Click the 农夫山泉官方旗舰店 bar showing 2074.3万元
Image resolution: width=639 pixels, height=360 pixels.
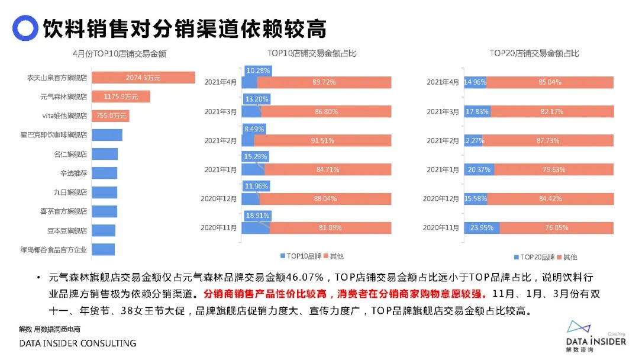coord(144,78)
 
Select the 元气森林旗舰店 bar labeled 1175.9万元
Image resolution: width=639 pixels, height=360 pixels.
coord(121,97)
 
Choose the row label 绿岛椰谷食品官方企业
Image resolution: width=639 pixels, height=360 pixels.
coord(54,249)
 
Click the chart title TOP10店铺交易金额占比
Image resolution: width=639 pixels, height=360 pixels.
coord(311,53)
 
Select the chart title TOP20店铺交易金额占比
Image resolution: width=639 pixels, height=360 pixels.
coord(534,53)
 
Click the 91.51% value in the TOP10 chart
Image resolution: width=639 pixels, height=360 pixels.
coord(323,140)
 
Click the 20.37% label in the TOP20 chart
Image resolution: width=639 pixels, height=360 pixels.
coord(478,169)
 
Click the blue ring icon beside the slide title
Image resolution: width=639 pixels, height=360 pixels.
coord(24,28)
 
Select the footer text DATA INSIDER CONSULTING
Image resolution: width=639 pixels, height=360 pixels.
coord(78,343)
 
